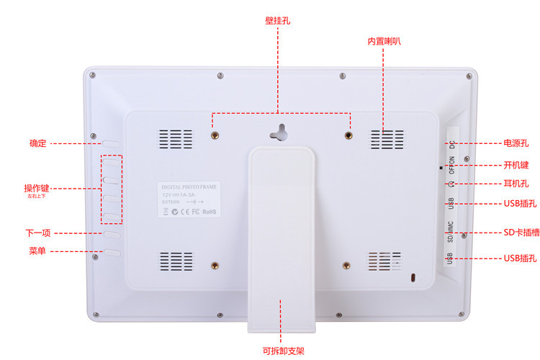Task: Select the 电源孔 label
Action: click(516, 143)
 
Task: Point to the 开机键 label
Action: click(516, 165)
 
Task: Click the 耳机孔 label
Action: click(516, 184)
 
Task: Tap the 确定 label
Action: click(37, 143)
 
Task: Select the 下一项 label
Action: click(37, 233)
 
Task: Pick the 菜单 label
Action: click(37, 251)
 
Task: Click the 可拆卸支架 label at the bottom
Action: click(283, 351)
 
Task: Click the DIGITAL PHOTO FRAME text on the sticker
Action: click(189, 186)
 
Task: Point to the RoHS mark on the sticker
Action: click(209, 212)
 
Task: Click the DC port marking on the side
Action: click(451, 143)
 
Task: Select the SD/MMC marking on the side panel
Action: click(451, 231)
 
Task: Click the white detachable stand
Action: click(282, 238)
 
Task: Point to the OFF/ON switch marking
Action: click(451, 166)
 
